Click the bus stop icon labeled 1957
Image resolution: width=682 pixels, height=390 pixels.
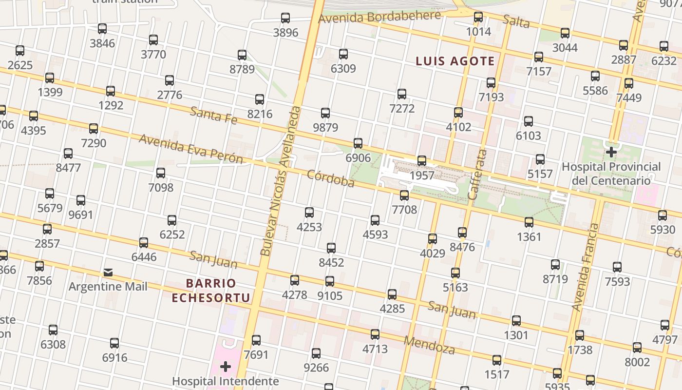coord(422,161)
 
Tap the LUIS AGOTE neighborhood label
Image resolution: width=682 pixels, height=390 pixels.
coord(455,61)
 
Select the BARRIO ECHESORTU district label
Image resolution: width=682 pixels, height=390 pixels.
coord(211,291)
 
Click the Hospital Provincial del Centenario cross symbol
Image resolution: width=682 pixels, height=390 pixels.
coord(611,152)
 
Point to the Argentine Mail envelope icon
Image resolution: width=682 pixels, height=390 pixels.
coord(108,272)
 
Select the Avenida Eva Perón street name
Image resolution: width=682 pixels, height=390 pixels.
coord(190,149)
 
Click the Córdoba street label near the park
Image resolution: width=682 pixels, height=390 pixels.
coord(330,178)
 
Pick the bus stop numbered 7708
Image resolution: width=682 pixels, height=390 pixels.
coord(404,195)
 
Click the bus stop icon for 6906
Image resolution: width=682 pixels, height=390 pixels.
coord(358,143)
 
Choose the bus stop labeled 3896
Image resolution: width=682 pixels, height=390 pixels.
coord(285,19)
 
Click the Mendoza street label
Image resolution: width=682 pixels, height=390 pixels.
coord(429,345)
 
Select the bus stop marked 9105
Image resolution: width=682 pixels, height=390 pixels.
coord(330,281)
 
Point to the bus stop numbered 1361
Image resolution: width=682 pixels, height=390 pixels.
coord(529,223)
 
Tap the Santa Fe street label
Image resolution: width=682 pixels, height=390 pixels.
coord(213,116)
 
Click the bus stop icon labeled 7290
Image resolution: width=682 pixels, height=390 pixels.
coord(94,129)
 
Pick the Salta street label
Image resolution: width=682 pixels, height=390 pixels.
coord(516,21)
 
